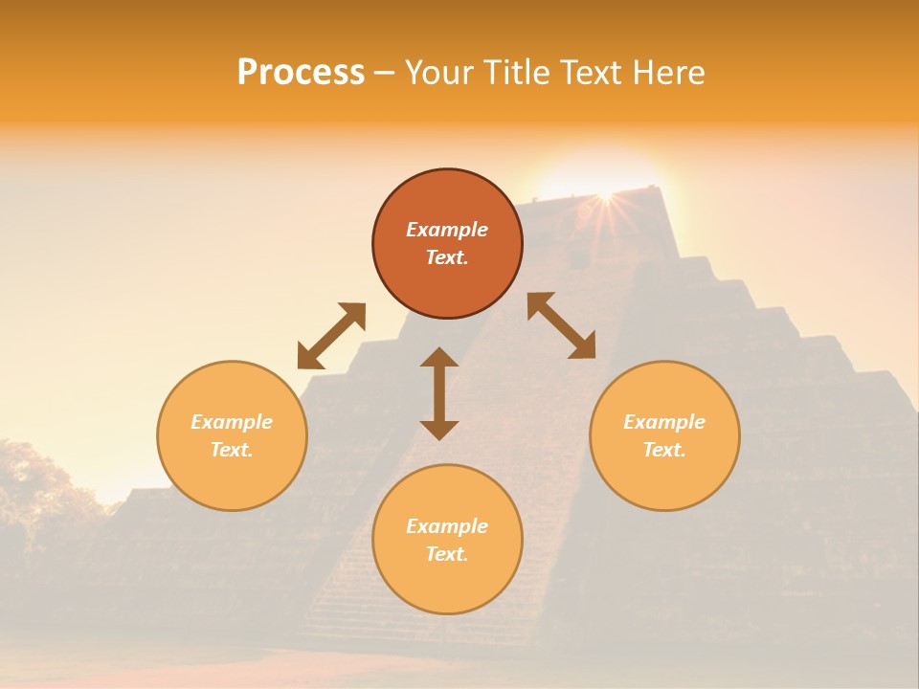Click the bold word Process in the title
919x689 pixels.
point(301,73)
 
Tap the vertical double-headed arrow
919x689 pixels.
point(439,393)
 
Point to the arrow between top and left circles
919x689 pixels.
point(331,336)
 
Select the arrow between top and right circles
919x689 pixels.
point(561,325)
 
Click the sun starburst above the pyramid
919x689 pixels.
point(604,195)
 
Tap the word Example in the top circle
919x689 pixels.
point(447,230)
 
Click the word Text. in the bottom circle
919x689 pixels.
point(447,554)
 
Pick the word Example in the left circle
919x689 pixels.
point(232,422)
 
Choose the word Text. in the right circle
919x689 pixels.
point(664,450)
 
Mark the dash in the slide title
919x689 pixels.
point(385,73)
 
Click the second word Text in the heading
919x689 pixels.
point(591,73)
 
